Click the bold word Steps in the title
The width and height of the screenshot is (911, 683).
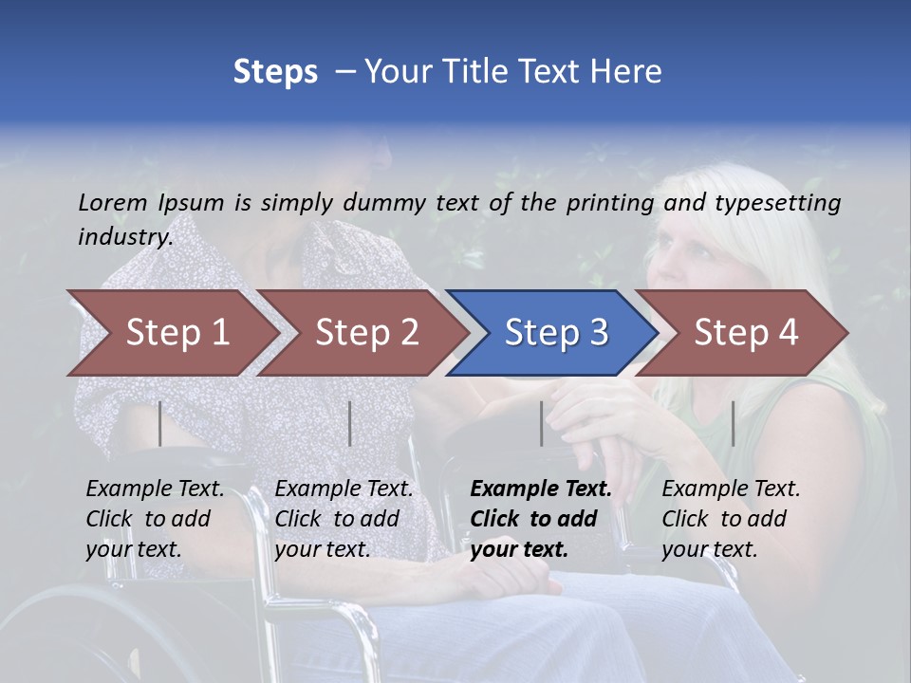click(x=275, y=71)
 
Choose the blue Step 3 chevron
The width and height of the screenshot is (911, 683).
click(x=555, y=333)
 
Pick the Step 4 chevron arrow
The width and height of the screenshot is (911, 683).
click(x=745, y=333)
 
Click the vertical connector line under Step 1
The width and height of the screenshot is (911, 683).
click(x=160, y=423)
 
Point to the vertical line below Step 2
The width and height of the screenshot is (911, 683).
click(x=350, y=423)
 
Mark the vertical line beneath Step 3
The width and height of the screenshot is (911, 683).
click(x=542, y=423)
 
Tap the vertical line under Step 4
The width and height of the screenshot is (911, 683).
click(x=734, y=423)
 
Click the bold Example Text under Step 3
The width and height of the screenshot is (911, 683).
click(x=541, y=489)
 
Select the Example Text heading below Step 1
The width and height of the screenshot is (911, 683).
click(x=155, y=489)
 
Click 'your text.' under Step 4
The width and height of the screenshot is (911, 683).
click(x=709, y=549)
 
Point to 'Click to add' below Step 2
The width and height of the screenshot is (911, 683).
click(x=337, y=520)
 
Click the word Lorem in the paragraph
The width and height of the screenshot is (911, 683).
click(x=113, y=203)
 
